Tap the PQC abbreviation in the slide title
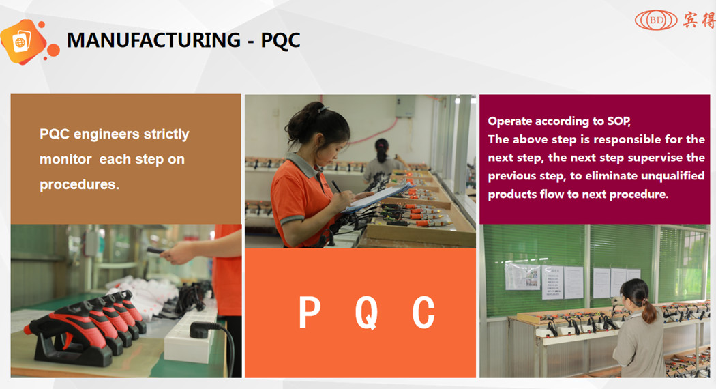pyautogui.click(x=280, y=40)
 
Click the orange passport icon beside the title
pyautogui.click(x=23, y=42)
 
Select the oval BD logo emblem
pyautogui.click(x=655, y=20)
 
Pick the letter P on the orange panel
pyautogui.click(x=310, y=313)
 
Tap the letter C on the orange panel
pyautogui.click(x=423, y=313)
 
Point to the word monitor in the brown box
pyautogui.click(x=65, y=160)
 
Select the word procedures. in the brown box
pyautogui.click(x=79, y=184)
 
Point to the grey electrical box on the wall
pyautogui.click(x=404, y=106)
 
